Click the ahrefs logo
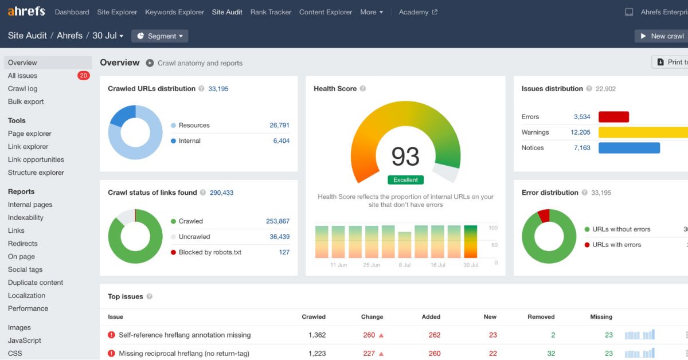pyautogui.click(x=26, y=11)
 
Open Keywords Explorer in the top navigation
pyautogui.click(x=174, y=12)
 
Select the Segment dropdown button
pyautogui.click(x=160, y=36)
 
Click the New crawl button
pyautogui.click(x=661, y=36)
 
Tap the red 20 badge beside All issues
pyautogui.click(x=83, y=76)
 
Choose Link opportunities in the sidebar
pyautogui.click(x=36, y=159)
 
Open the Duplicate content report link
pyautogui.click(x=36, y=282)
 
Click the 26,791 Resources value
pyautogui.click(x=279, y=125)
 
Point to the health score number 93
pyautogui.click(x=405, y=156)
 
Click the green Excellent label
pyautogui.click(x=405, y=179)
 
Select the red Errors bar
pyautogui.click(x=613, y=117)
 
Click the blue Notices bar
pyautogui.click(x=629, y=148)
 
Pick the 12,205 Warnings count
pyautogui.click(x=580, y=132)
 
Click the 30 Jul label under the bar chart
pyautogui.click(x=471, y=265)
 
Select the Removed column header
pyautogui.click(x=541, y=316)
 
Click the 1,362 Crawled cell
pyautogui.click(x=317, y=335)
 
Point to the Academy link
pyautogui.click(x=418, y=12)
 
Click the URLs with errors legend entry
pyautogui.click(x=613, y=245)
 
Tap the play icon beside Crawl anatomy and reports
pyautogui.click(x=150, y=63)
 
